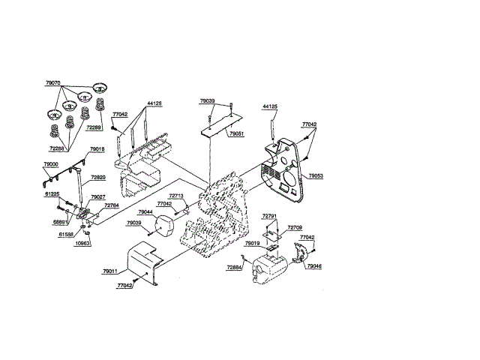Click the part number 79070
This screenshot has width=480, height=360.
pyautogui.click(x=54, y=85)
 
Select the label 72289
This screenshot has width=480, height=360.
pyautogui.click(x=94, y=128)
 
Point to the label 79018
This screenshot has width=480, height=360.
pyautogui.click(x=97, y=150)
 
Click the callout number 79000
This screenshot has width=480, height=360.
pyautogui.click(x=51, y=164)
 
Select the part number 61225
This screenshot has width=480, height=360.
pyautogui.click(x=51, y=193)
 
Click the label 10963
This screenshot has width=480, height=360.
pyautogui.click(x=83, y=244)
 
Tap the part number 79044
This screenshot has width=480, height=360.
pyautogui.click(x=145, y=212)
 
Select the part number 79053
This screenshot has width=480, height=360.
pyautogui.click(x=316, y=175)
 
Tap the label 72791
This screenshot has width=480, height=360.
pyautogui.click(x=270, y=217)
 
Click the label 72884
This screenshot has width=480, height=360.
pyautogui.click(x=235, y=267)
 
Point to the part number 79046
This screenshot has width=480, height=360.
pyautogui.click(x=313, y=266)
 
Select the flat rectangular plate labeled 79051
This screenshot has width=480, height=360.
pyautogui.click(x=225, y=120)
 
